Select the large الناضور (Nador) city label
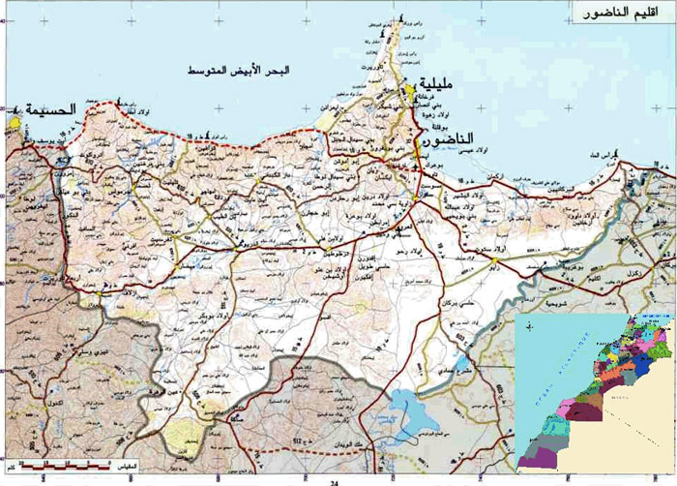(453, 140)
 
